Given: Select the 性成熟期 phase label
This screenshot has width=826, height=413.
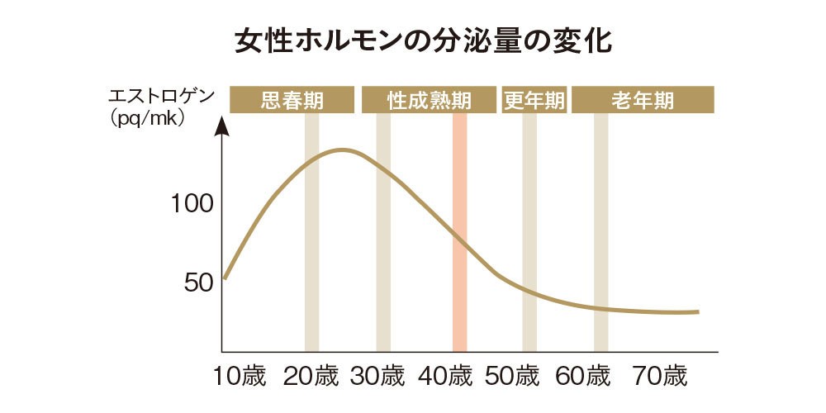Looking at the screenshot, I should pyautogui.click(x=429, y=101).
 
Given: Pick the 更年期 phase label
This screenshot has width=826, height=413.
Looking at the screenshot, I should pyautogui.click(x=534, y=101).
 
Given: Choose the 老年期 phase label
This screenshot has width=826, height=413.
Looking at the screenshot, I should pyautogui.click(x=643, y=101).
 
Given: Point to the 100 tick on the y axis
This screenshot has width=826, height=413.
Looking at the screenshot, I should pyautogui.click(x=192, y=203).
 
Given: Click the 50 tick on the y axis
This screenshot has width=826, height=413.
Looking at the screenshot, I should pyautogui.click(x=198, y=282).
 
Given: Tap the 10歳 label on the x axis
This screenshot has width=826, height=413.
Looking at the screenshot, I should pyautogui.click(x=240, y=377).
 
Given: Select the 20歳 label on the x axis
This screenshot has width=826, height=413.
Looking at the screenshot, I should pyautogui.click(x=311, y=377).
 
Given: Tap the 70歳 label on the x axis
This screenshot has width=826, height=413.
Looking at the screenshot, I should pyautogui.click(x=660, y=377).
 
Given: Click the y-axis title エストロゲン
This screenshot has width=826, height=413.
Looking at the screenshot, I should pyautogui.click(x=161, y=96).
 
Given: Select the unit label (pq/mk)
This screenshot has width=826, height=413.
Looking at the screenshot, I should pyautogui.click(x=148, y=117).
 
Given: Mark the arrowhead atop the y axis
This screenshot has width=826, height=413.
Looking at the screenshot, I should pyautogui.click(x=222, y=126).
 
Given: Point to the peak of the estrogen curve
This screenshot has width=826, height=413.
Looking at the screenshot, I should pyautogui.click(x=342, y=150).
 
